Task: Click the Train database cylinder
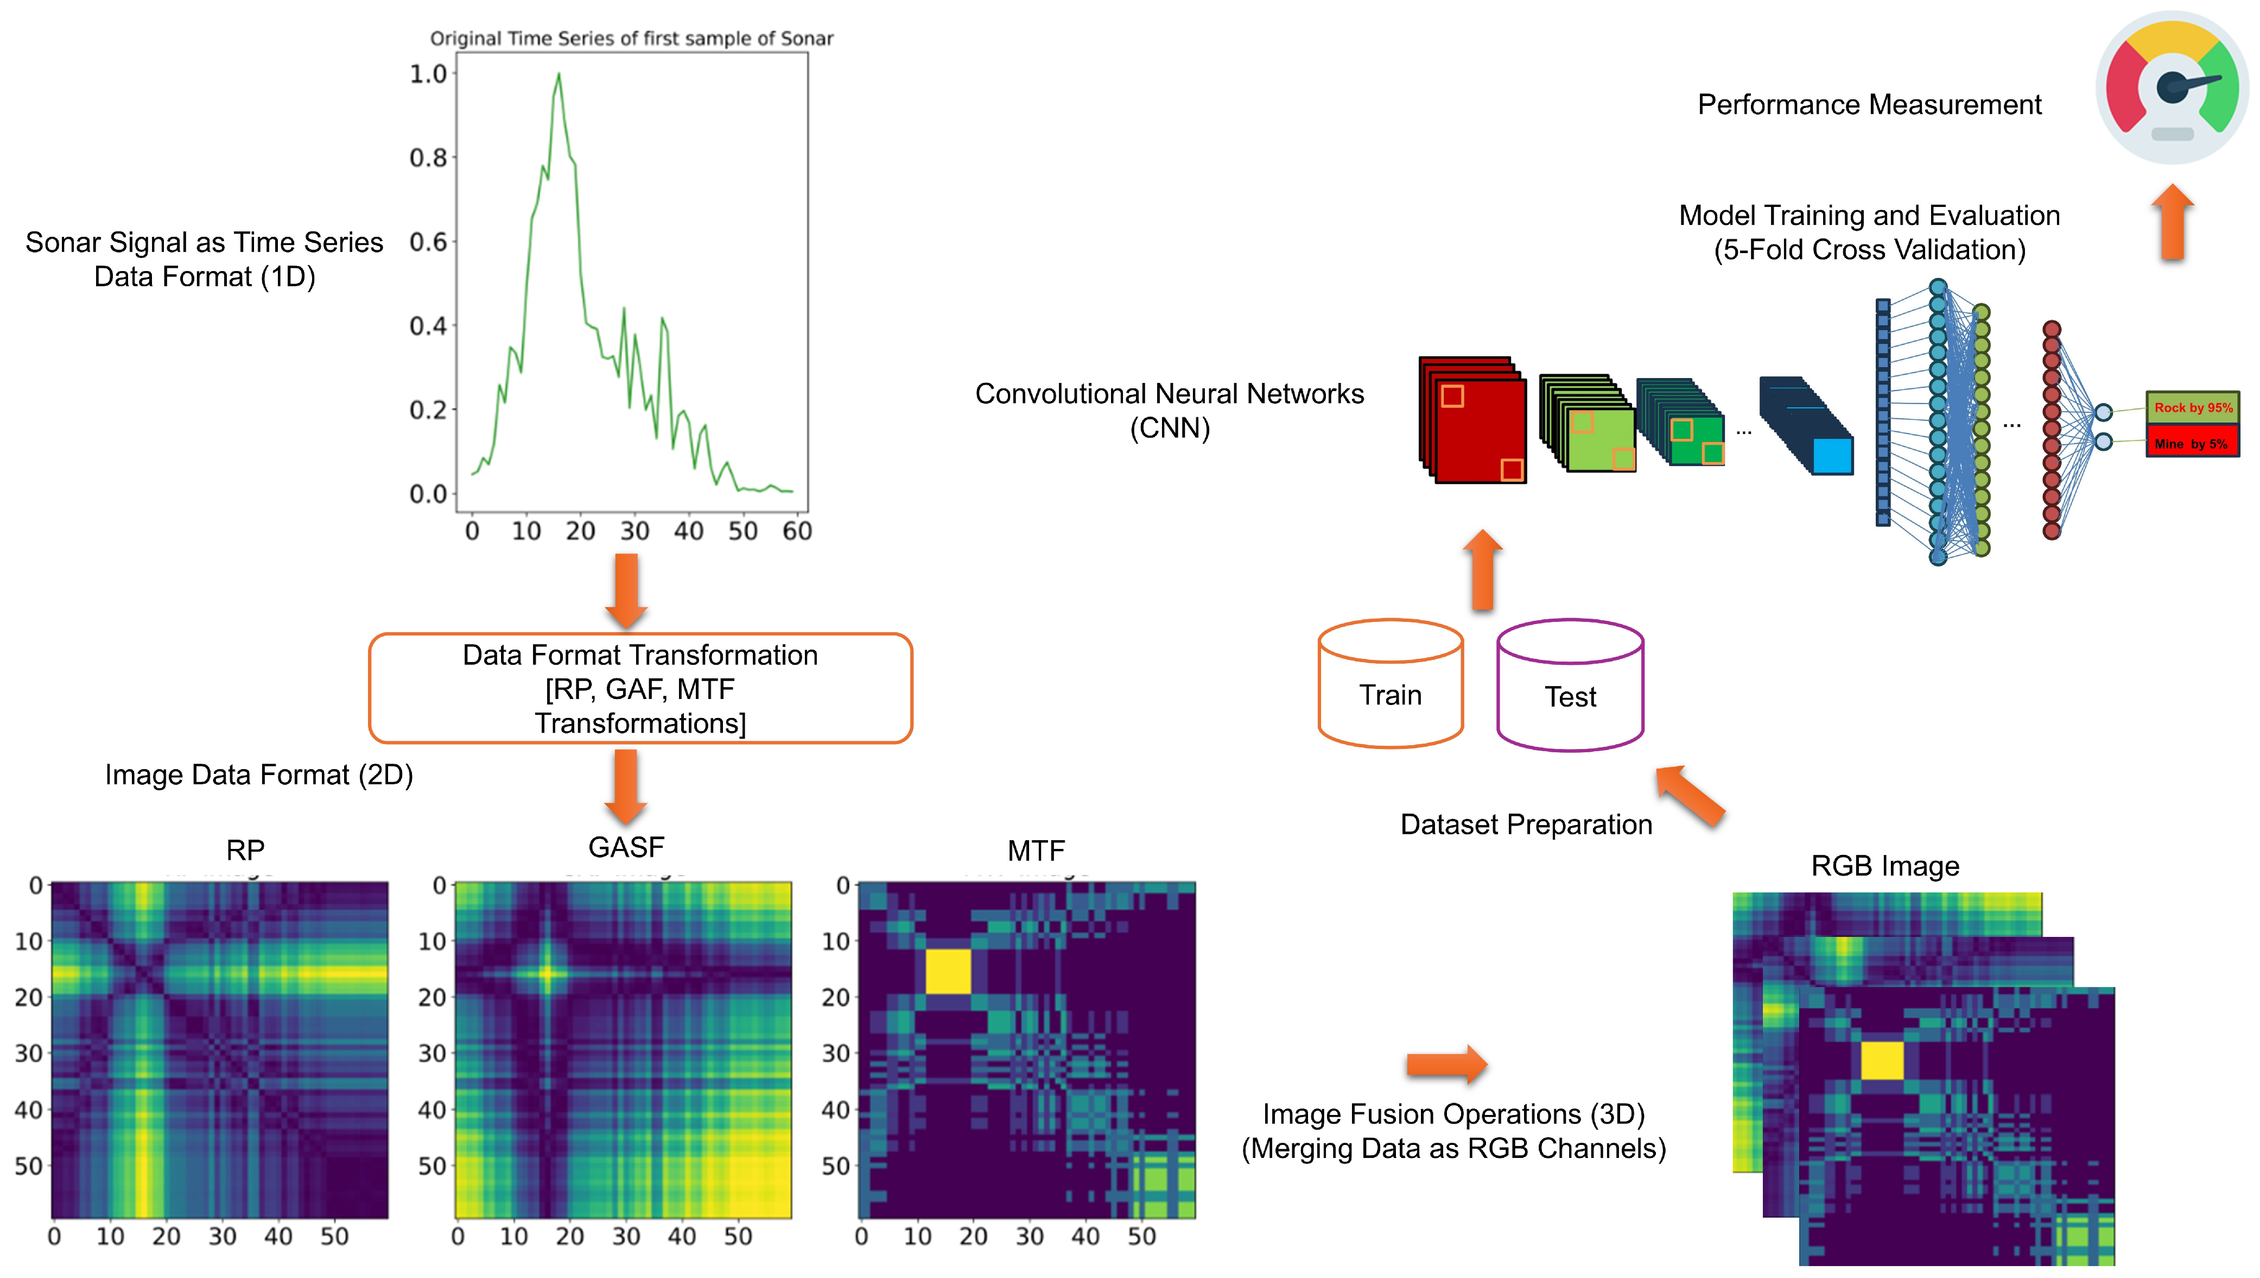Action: pos(1391,685)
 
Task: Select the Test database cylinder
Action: pos(1570,687)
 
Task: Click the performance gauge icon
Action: pos(2172,88)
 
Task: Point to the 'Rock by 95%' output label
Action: pos(2193,407)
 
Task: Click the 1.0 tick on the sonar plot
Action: pos(428,74)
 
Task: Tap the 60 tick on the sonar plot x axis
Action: pos(797,531)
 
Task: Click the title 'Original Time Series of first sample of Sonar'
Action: pos(631,39)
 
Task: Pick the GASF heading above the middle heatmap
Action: pos(626,847)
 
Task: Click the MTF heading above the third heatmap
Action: pos(1036,849)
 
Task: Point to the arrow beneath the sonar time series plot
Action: pos(626,590)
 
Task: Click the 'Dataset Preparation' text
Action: pos(1526,824)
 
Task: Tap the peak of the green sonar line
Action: pos(559,74)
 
